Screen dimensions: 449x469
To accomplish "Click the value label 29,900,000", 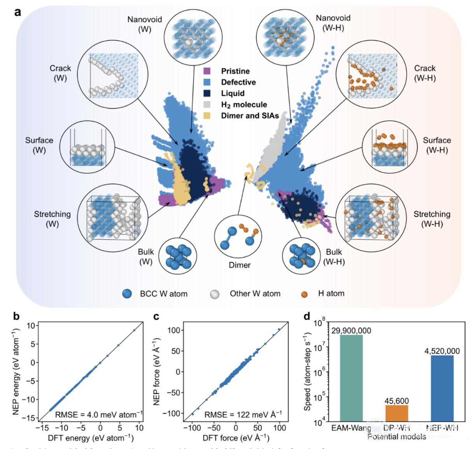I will point(351,331).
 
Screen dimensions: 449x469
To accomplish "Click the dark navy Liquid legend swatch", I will point(207,93).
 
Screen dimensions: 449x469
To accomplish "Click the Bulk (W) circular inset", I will point(177,258).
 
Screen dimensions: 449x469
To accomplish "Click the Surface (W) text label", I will point(39,144).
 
